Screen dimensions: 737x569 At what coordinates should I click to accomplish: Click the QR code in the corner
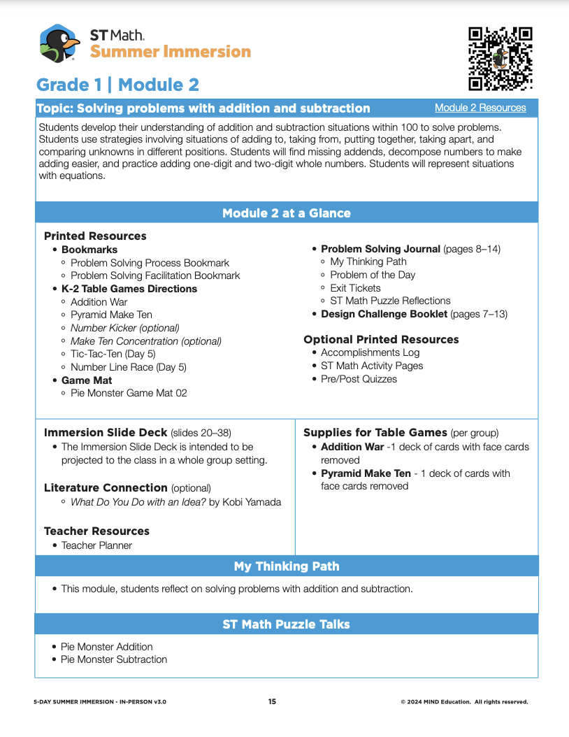coord(500,59)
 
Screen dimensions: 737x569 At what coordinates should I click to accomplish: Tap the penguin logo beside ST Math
coord(59,43)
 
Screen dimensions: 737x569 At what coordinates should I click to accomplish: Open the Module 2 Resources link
coord(480,108)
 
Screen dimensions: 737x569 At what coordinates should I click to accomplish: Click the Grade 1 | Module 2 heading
coord(117,85)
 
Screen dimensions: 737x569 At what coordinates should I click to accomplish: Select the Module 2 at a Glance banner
coord(286,213)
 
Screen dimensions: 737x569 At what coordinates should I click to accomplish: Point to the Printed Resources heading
coord(95,236)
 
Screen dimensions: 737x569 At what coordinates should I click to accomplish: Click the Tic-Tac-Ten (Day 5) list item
coord(112,354)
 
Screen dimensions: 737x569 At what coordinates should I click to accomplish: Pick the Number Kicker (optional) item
coord(124,328)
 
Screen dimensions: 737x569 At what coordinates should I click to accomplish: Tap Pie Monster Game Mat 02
coord(129,393)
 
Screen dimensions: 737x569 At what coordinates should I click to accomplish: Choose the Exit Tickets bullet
coord(355,288)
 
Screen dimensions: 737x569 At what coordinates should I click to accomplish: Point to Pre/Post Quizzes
coord(359,379)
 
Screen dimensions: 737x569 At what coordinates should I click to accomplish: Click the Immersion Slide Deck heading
coord(106,433)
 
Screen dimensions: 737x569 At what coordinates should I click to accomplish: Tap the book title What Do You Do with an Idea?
coord(138,501)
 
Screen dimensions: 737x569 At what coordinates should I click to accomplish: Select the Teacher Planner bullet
coord(96,545)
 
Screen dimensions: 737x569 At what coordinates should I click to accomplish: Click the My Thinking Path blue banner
coord(286,566)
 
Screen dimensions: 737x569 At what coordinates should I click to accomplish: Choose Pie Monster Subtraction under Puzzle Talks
coord(114,659)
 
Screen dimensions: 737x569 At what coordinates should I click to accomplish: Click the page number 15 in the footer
coord(272,701)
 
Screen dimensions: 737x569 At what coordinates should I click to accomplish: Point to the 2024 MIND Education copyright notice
coord(464,701)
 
